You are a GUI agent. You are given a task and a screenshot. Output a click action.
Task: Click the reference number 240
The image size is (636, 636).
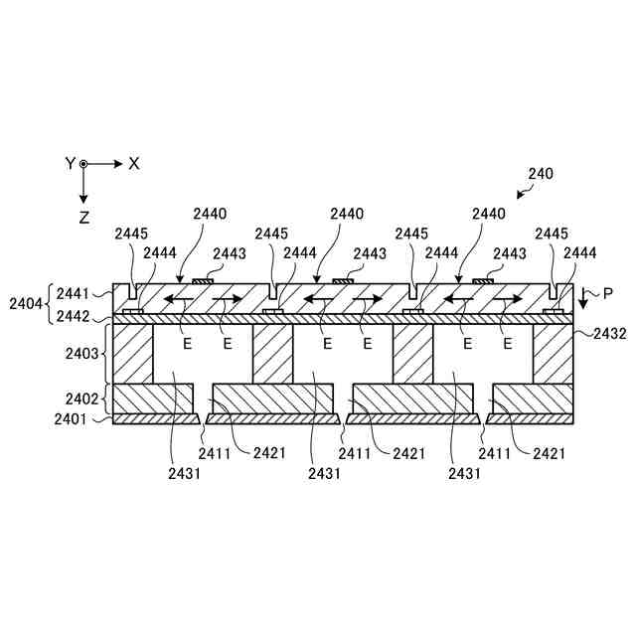[541, 173]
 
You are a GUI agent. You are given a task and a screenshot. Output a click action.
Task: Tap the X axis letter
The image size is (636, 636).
[134, 163]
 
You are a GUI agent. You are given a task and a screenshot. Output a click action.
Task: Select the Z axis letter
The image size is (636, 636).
[84, 215]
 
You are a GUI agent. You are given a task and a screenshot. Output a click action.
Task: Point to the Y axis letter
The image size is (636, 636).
[70, 163]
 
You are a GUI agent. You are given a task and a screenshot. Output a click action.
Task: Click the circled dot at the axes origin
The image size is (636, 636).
[84, 163]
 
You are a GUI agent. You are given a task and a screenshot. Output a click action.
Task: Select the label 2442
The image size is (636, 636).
[74, 316]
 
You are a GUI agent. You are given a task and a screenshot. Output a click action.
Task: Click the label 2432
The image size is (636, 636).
[610, 334]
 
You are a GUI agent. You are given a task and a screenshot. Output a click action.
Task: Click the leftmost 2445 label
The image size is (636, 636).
[131, 234]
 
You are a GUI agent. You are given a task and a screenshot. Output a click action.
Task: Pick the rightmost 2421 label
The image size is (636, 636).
[551, 453]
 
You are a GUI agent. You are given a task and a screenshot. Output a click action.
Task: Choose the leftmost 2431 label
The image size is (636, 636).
[185, 474]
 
